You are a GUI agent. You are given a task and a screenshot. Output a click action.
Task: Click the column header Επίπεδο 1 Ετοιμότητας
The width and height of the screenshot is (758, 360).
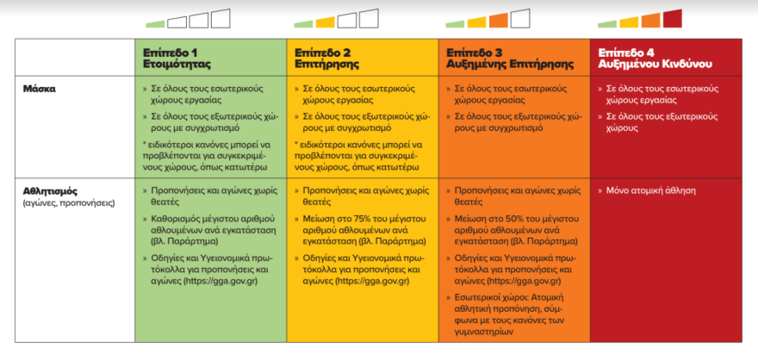(177, 58)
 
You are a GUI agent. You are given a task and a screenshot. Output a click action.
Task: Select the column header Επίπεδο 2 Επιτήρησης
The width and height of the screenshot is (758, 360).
(328, 58)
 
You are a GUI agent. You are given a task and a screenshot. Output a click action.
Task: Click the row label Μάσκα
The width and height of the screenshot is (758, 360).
(40, 88)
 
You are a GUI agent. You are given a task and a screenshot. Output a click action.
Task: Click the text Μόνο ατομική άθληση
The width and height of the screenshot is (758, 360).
(651, 190)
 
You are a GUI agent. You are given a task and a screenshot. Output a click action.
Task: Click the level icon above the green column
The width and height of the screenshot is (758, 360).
(187, 19)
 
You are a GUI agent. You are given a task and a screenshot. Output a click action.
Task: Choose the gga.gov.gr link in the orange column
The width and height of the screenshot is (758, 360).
(524, 281)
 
